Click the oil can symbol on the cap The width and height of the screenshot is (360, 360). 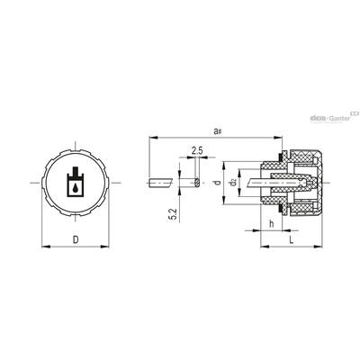tap(75, 182)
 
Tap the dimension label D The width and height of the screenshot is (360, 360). tap(76, 239)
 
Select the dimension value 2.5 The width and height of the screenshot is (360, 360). tap(197, 151)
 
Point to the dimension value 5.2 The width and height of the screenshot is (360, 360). tap(173, 214)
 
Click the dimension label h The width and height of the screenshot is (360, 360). tap(272, 223)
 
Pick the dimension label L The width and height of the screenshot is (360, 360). tap(291, 240)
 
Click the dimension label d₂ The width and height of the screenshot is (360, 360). tap(233, 183)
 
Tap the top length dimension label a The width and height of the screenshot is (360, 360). tap(217, 131)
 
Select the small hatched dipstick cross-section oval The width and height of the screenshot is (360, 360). tap(197, 183)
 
